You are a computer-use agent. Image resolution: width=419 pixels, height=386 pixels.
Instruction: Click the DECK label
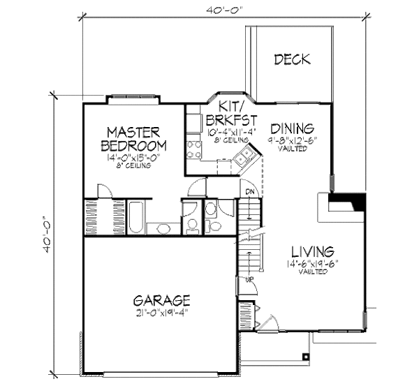292,59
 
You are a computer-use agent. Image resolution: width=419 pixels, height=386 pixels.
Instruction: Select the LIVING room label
313,251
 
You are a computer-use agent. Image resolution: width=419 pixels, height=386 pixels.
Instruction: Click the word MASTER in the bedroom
134,132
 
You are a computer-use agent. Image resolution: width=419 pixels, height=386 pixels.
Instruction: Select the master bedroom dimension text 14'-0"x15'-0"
133,158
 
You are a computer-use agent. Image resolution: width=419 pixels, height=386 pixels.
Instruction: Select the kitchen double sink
243,161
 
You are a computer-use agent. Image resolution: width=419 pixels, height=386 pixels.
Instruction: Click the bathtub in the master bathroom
136,218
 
